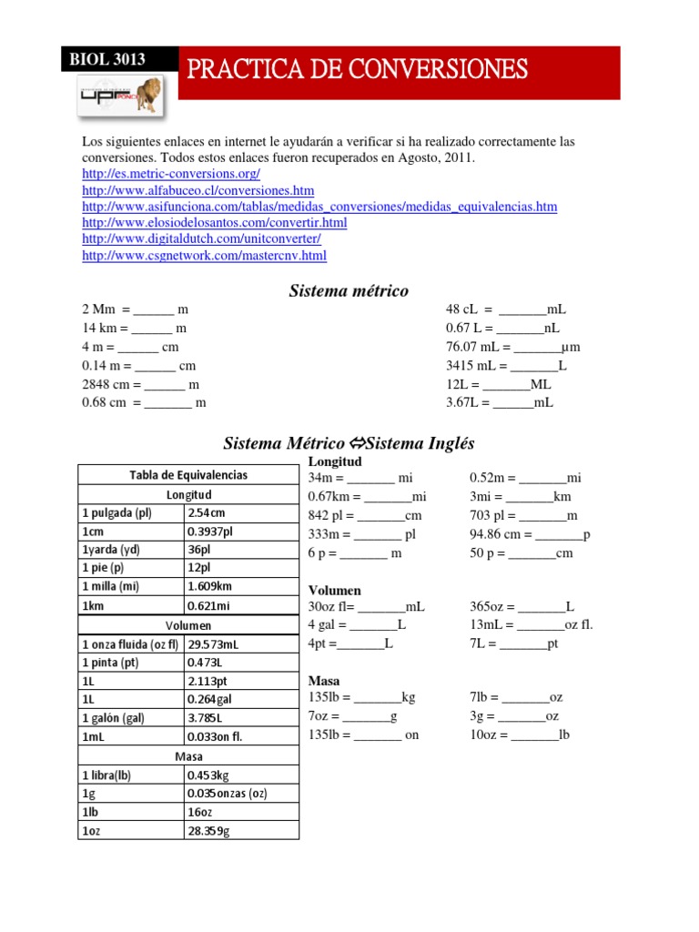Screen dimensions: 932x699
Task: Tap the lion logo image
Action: coord(119,96)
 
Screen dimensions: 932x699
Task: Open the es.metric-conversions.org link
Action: coord(171,174)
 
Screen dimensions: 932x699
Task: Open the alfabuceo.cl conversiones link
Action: coord(198,190)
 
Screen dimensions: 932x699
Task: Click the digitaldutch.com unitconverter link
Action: coord(201,238)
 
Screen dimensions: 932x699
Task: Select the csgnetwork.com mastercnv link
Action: coord(204,256)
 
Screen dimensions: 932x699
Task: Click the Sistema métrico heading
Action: coord(349,290)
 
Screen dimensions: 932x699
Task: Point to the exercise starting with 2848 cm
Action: coord(140,384)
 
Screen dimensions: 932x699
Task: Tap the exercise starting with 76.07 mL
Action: coord(512,347)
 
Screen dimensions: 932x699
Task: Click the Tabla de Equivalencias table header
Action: coord(188,475)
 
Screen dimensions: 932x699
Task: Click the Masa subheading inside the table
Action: coord(188,755)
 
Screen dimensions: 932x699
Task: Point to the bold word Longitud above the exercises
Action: coord(336,461)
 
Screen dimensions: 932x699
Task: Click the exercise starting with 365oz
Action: coord(522,606)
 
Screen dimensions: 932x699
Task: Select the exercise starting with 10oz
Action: coord(519,734)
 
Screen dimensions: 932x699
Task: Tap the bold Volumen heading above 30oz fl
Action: coord(334,590)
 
